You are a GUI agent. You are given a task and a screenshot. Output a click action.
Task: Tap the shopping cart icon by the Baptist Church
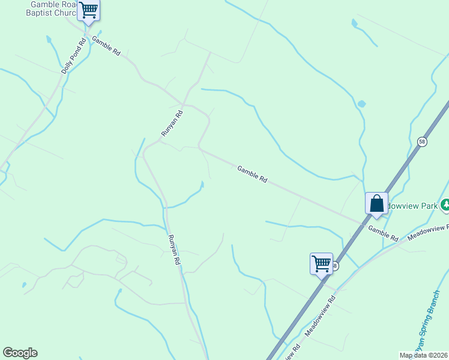tap(89, 10)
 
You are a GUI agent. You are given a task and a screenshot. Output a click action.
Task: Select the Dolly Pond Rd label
tap(74, 56)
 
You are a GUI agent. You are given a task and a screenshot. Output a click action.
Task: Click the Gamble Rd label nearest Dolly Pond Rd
tap(106, 46)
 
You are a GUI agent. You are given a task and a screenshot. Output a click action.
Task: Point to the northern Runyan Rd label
tap(172, 123)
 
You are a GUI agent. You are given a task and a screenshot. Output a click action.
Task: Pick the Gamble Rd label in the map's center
tap(252, 174)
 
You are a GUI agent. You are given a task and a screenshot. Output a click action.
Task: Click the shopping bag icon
tap(376, 203)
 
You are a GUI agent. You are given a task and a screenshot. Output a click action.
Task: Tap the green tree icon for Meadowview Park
tap(445, 206)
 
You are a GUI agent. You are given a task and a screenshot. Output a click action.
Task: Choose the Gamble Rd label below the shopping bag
tap(383, 233)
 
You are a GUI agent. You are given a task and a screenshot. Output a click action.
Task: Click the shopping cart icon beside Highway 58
tap(321, 263)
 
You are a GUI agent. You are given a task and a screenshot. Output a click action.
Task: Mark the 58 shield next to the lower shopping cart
tap(335, 266)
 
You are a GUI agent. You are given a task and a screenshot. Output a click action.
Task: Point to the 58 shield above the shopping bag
tap(423, 142)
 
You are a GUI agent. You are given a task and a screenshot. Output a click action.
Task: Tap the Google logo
tap(20, 353)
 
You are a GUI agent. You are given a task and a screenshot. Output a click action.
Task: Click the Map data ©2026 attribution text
tap(423, 355)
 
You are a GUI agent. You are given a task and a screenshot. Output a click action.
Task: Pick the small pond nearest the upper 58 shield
tap(361, 104)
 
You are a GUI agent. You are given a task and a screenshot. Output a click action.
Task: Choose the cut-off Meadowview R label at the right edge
tap(429, 233)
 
